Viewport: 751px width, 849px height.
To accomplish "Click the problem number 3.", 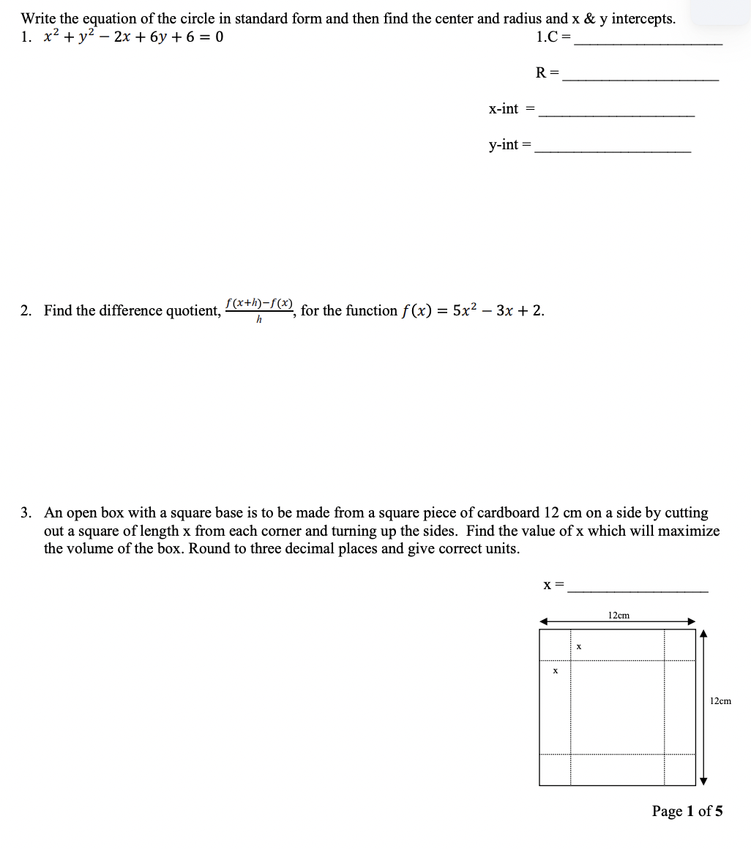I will point(26,513).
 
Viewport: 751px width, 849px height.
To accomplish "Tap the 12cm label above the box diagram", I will point(619,616).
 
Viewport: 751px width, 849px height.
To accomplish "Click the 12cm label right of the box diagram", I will point(720,701).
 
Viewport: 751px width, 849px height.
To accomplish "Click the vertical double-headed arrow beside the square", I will point(703,707).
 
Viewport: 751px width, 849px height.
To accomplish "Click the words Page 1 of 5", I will point(687,811).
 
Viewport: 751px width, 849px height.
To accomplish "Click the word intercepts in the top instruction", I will point(643,19).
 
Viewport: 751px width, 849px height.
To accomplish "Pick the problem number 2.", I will point(26,311).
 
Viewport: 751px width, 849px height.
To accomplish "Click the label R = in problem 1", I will point(547,72).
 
